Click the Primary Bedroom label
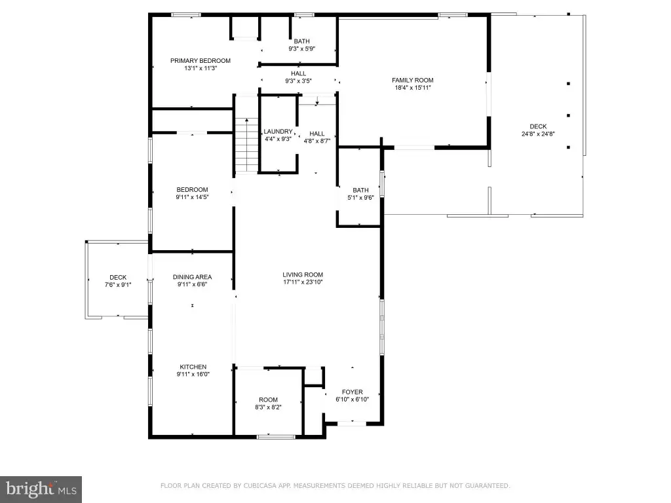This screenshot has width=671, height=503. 201,61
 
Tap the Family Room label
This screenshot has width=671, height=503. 413,80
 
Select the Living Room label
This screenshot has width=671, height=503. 303,274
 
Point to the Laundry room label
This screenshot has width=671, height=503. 278,131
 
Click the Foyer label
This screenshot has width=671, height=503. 352,392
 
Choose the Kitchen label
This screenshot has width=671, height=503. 193,367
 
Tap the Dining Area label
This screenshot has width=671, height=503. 192,277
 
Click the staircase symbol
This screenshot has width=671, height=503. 246,145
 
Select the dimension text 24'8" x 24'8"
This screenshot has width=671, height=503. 538,134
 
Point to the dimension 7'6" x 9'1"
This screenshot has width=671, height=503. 118,284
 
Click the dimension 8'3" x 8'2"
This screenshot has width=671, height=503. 268,407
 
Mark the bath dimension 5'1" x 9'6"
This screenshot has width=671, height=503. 361,198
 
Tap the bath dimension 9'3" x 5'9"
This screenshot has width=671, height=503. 301,48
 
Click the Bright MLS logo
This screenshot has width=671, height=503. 41,489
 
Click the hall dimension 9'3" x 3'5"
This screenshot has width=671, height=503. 298,81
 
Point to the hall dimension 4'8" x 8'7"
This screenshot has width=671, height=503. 317,141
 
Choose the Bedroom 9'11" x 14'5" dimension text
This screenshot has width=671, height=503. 192,197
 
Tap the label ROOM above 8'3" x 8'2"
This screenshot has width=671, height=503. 268,400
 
